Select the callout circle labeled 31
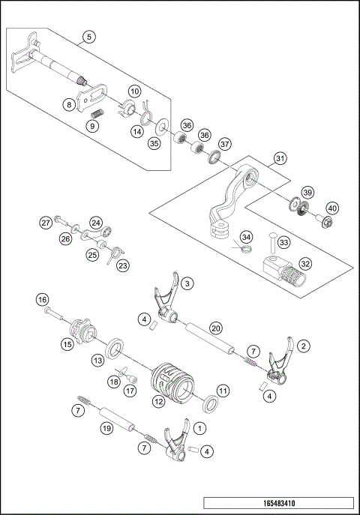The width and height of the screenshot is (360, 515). point(280,159)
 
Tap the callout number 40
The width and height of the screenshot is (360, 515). point(331,208)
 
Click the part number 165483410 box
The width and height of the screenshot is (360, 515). point(277,505)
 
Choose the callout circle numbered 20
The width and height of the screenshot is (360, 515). point(215,328)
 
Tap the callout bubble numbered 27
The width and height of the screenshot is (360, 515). point(46,223)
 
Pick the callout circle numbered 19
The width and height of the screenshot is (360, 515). point(109,427)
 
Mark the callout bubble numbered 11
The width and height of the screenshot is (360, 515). point(223,391)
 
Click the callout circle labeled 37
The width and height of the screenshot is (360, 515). point(225,144)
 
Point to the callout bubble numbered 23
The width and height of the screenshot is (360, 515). point(122,264)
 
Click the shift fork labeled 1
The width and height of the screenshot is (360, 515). point(175,444)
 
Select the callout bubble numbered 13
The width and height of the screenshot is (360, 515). point(97,361)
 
